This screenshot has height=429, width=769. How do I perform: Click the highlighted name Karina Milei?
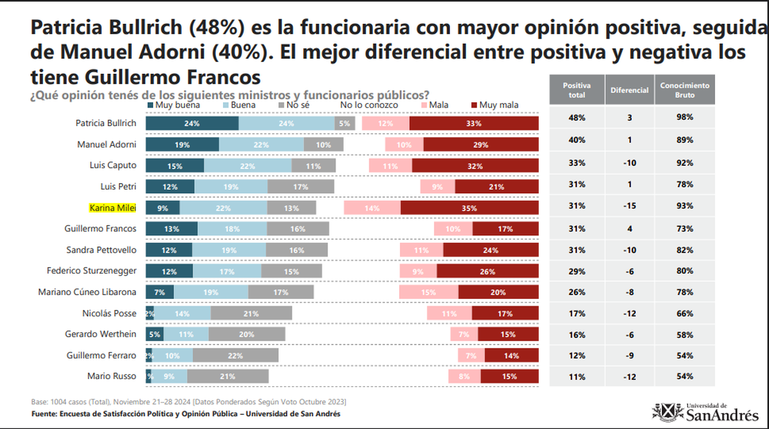click(112, 208)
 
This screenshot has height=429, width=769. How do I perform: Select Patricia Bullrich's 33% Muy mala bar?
click(474, 124)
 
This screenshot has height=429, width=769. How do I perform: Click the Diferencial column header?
click(629, 90)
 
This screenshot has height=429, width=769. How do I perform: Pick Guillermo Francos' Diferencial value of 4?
click(629, 228)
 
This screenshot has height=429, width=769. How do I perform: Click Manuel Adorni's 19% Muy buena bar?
click(181, 145)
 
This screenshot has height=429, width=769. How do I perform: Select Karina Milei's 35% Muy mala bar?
click(470, 207)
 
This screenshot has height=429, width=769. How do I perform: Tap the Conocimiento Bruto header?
click(684, 90)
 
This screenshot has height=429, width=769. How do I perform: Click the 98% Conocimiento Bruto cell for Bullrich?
click(684, 118)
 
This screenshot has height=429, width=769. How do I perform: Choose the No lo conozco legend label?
click(368, 104)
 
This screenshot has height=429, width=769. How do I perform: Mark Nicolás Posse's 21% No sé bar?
click(251, 314)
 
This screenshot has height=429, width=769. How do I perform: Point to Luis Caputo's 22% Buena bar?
click(247, 165)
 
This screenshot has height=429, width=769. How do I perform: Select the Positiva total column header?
click(577, 90)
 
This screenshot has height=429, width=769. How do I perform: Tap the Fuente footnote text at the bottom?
click(186, 414)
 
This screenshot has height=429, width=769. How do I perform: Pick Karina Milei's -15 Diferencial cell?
click(629, 206)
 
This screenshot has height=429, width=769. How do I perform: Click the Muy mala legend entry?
click(497, 104)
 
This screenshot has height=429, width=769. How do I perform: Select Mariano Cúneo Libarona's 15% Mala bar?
click(429, 292)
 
